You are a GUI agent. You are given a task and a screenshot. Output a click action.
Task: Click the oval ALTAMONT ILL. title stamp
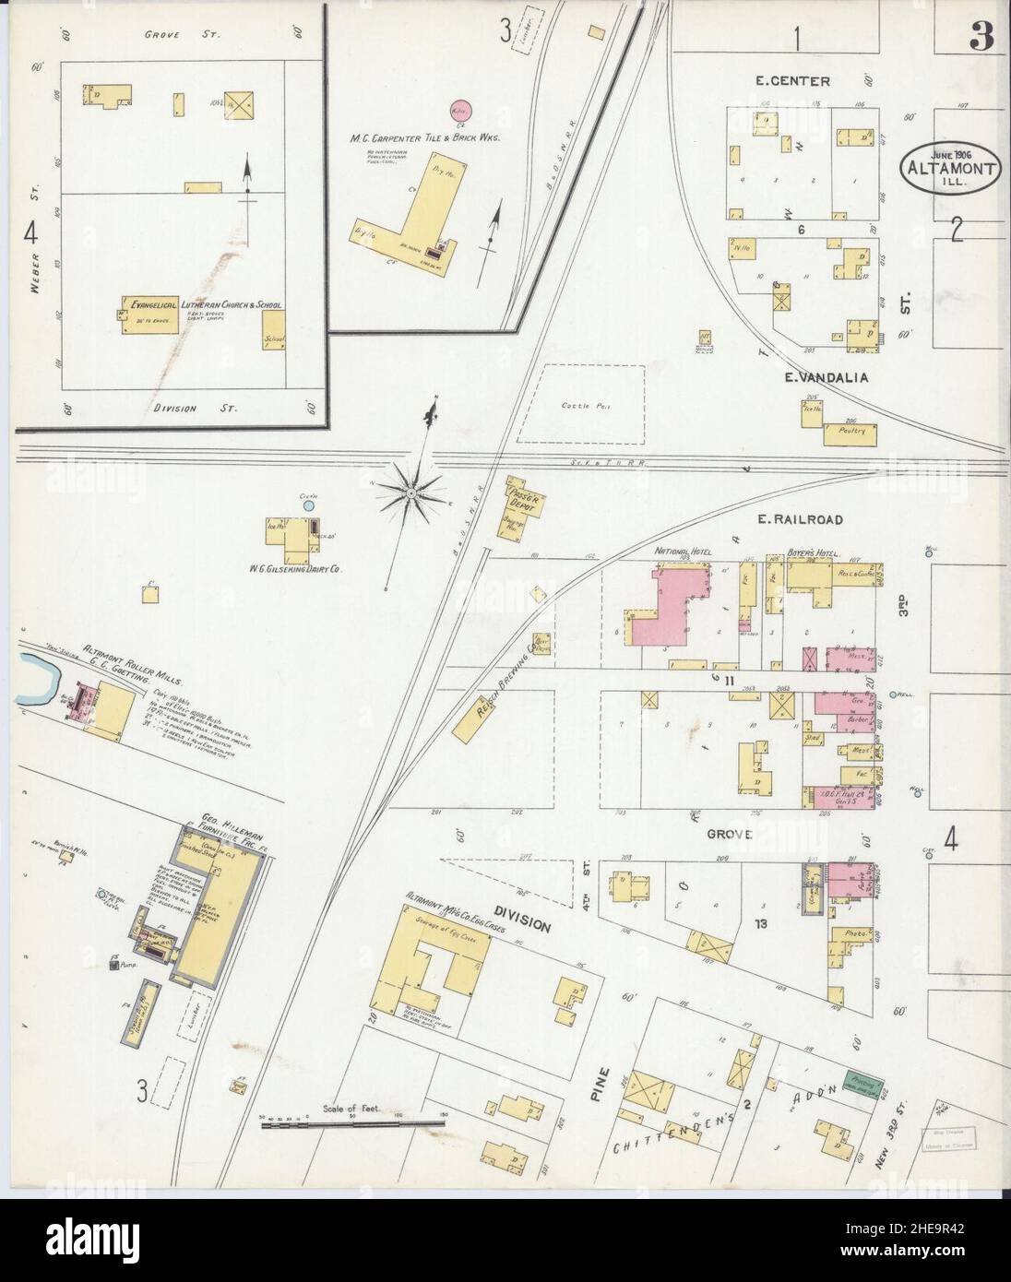(948, 168)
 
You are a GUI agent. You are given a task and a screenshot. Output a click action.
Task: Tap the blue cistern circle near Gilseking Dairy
(309, 505)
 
